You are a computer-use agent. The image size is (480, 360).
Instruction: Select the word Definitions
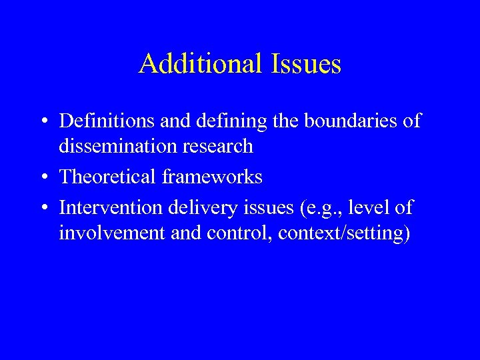[109, 121]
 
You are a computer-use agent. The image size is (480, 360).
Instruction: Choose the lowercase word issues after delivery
[256, 208]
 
